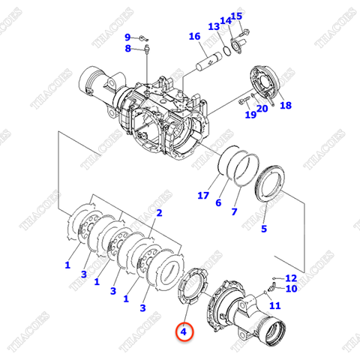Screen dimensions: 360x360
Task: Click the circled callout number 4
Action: [184, 329]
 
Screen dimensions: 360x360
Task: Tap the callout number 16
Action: [194, 36]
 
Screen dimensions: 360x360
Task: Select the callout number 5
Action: [263, 229]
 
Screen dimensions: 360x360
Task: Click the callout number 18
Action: [286, 106]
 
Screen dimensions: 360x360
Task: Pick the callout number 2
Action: [158, 213]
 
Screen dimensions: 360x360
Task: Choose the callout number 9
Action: [127, 37]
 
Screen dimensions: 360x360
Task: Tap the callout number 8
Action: [127, 49]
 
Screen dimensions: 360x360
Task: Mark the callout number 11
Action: [274, 306]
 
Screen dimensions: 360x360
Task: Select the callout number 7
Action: [234, 212]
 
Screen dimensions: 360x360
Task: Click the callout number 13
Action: [213, 27]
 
